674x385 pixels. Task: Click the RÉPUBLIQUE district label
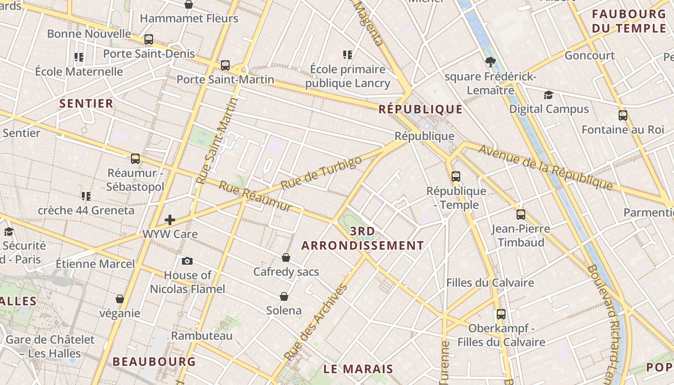pos(420,109)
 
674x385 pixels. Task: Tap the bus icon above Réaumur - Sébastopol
pos(135,158)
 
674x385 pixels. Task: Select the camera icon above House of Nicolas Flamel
pos(187,261)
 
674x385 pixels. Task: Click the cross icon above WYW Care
pos(170,220)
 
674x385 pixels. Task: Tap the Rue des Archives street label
pos(316,322)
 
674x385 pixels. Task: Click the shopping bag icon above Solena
pos(284,296)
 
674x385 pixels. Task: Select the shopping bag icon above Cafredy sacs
pos(286,257)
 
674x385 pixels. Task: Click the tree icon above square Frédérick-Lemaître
pos(491,62)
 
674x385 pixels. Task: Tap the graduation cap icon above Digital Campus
pos(548,95)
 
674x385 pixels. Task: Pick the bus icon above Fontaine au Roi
pos(623,115)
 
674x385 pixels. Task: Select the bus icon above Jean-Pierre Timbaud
pos(521,214)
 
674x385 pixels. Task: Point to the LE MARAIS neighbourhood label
pos(358,369)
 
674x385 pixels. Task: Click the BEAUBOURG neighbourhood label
pos(154,361)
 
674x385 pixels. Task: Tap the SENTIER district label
pos(87,103)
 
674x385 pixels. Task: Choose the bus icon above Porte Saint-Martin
pos(225,65)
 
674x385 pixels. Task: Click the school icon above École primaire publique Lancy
pos(348,55)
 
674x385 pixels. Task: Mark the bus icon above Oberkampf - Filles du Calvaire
pos(501,314)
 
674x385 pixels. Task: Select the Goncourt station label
pos(590,55)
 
